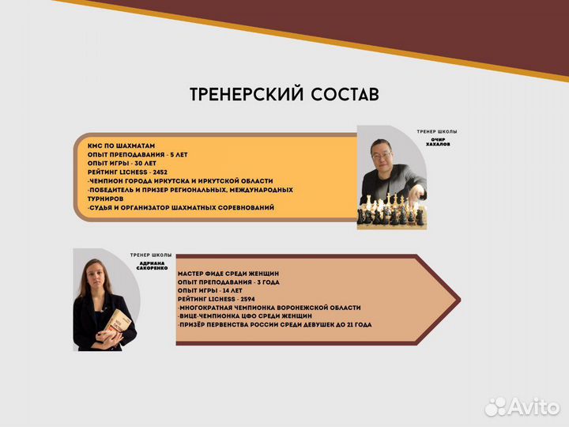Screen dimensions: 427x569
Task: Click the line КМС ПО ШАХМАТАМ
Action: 121,145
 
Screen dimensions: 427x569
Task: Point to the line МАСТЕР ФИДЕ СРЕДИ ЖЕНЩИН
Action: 228,273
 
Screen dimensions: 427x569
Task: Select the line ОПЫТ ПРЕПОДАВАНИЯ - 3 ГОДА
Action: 228,282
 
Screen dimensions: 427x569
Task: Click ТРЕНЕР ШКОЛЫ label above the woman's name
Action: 151,255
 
